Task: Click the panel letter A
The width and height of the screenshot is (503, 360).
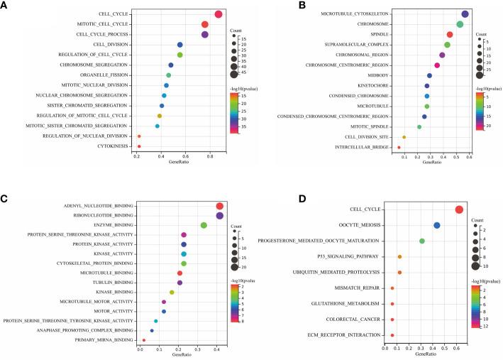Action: pos(5,6)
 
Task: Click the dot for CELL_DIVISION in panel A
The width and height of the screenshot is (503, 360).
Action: pos(180,45)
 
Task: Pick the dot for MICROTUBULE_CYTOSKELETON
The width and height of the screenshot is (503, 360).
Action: pos(465,13)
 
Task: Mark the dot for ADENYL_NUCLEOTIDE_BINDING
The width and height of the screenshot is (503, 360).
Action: pos(220,206)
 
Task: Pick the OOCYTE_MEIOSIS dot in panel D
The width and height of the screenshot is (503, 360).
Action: pos(437,225)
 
